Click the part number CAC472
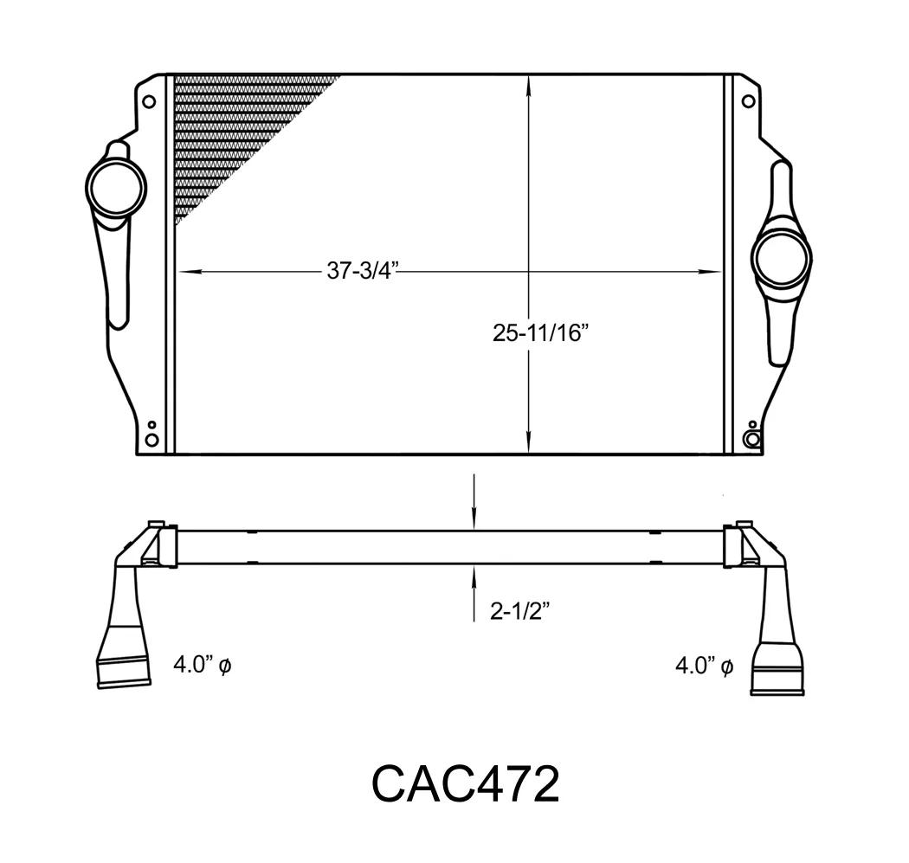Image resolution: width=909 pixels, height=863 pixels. pyautogui.click(x=465, y=783)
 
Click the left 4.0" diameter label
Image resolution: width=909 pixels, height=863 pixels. pyautogui.click(x=203, y=665)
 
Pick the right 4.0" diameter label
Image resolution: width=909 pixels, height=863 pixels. pyautogui.click(x=705, y=666)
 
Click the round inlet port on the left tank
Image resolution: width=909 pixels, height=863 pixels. pyautogui.click(x=116, y=188)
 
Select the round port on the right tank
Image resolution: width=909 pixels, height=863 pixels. pyautogui.click(x=781, y=259)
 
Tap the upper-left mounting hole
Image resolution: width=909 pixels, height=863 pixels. pyautogui.click(x=149, y=102)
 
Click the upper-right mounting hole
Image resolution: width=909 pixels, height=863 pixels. pyautogui.click(x=749, y=102)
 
